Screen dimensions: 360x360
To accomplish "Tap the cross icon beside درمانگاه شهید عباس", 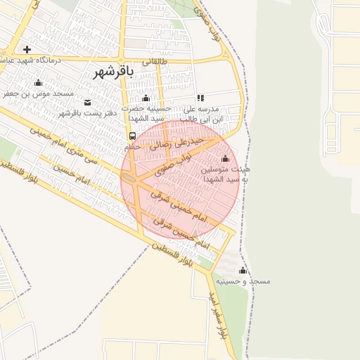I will click(x=27, y=49).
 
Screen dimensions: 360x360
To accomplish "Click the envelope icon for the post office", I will click(x=87, y=103).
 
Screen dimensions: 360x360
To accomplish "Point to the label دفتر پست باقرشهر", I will click(x=86, y=113).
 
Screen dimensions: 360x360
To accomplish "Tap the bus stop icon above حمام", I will click(x=132, y=136).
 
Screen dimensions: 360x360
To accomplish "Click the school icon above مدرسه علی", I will click(x=200, y=98).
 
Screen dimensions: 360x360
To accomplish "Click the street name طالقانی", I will click(x=156, y=62).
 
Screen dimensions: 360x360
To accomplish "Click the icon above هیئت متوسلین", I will click(x=225, y=158).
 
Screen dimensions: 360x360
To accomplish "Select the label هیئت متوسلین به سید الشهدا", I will click(x=226, y=174).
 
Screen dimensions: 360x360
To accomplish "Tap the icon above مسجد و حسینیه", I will click(x=243, y=271).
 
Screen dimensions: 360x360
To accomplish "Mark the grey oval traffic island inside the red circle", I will click(x=130, y=179).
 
